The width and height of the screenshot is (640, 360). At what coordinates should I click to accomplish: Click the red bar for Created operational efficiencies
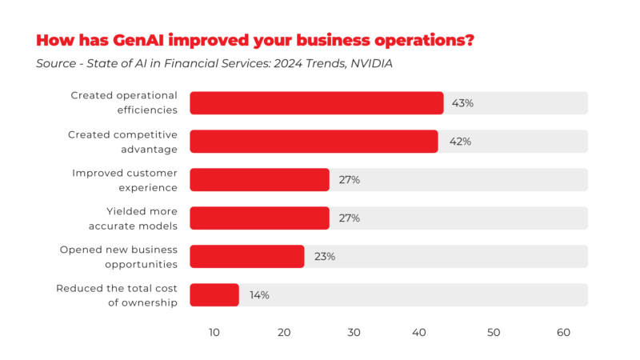click(316, 103)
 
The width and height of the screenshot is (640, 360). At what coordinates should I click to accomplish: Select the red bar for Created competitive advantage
click(314, 142)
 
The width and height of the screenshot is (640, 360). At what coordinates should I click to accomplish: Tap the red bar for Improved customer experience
click(259, 180)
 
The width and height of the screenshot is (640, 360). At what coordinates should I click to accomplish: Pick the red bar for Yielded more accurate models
click(259, 218)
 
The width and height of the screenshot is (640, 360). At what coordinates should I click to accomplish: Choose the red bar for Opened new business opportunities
click(246, 257)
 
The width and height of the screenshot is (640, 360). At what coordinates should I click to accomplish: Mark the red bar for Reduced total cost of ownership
click(214, 295)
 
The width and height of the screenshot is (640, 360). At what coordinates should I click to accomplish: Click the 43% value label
click(462, 103)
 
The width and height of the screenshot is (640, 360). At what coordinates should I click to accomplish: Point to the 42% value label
click(460, 142)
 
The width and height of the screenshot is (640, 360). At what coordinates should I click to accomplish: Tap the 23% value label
click(324, 257)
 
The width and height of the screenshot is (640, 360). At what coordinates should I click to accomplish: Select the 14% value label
click(259, 295)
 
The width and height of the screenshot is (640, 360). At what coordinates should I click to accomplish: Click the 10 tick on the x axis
click(214, 333)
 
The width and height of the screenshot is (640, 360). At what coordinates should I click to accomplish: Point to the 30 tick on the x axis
click(354, 333)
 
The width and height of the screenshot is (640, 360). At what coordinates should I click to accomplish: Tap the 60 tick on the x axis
click(563, 333)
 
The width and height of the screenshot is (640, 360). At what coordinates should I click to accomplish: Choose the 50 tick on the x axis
click(494, 333)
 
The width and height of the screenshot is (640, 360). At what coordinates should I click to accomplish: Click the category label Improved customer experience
click(125, 180)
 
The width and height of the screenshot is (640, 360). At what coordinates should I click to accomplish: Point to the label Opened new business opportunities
click(118, 257)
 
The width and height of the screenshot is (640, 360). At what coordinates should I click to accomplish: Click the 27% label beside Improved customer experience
click(349, 180)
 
